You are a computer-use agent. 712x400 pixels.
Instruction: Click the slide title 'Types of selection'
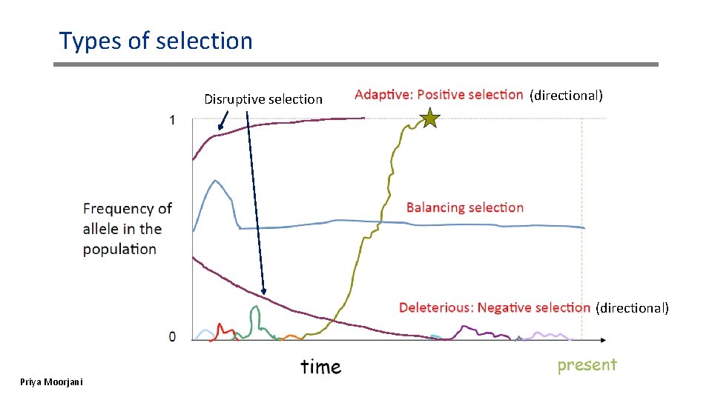156,41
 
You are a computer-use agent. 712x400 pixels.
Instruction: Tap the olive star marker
429,118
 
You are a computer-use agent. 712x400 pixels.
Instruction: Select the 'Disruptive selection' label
263,99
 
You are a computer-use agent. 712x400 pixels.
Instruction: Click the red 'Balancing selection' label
465,207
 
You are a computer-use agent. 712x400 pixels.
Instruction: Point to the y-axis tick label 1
173,120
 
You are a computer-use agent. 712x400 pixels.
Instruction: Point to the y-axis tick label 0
173,337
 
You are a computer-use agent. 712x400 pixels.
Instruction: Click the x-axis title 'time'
320,367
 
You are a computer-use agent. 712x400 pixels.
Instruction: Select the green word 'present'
587,364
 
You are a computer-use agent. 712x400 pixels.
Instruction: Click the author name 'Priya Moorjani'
52,381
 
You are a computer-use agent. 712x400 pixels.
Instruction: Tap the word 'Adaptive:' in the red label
383,95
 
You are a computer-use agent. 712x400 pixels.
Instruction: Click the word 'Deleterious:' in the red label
435,307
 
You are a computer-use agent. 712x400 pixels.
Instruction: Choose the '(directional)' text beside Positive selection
566,95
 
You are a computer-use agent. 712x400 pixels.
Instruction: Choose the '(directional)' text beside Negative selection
632,307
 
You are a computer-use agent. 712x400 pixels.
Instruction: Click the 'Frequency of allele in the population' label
127,229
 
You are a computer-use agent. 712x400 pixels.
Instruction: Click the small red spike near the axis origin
220,326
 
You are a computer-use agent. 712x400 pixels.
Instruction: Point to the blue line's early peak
215,181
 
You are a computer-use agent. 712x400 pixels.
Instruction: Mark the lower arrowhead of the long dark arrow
264,292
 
